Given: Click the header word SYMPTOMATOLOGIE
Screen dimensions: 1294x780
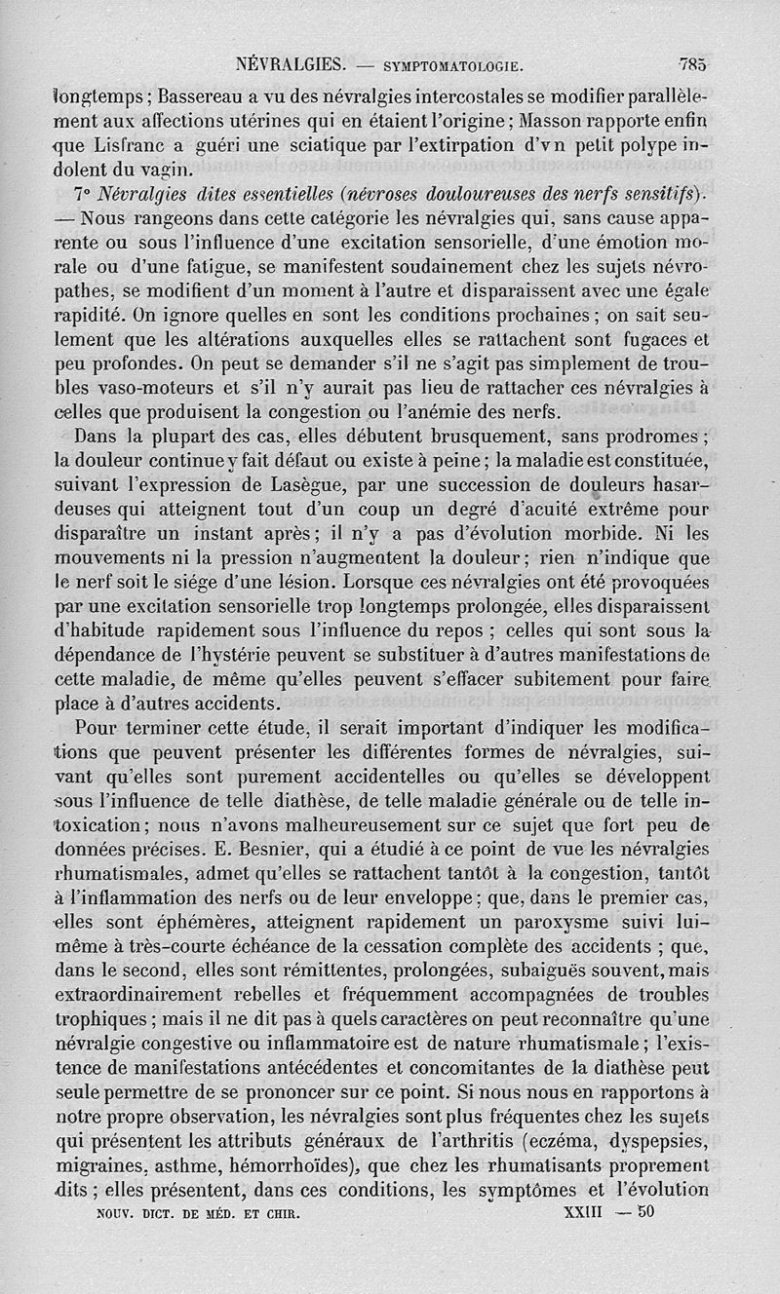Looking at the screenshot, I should pyautogui.click(x=455, y=68).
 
